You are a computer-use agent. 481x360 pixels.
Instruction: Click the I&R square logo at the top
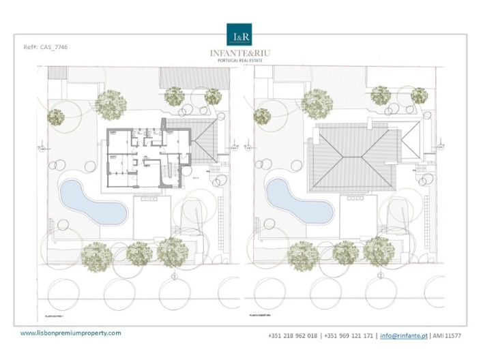coord(240,34)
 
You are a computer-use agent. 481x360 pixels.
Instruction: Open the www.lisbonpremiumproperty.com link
coord(71,333)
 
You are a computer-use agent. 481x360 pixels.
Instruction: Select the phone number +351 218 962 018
coord(293,335)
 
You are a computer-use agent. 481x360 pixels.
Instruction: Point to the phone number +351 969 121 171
coord(349,335)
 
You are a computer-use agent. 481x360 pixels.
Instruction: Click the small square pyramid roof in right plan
coord(411,140)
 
